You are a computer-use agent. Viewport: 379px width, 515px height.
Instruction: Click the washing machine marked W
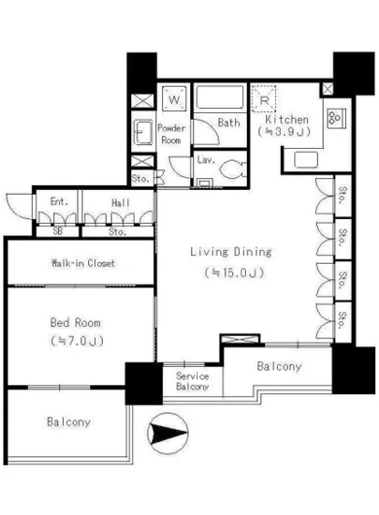coord(174,98)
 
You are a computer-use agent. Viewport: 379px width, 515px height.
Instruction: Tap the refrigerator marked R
coord(264,98)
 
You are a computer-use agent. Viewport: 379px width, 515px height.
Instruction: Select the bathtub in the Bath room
coord(220,96)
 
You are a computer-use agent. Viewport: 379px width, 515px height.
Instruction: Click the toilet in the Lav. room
coord(233,169)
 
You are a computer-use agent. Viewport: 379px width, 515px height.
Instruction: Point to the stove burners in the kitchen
coord(336,118)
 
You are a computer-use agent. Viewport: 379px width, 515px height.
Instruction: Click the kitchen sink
coord(306,160)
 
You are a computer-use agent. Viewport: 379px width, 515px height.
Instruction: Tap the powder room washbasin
coord(144,132)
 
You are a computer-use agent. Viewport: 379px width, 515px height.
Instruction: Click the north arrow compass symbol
coord(168,434)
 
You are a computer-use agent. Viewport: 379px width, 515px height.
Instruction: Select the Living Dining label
coord(231,252)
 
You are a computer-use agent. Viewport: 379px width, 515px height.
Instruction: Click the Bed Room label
coord(76,322)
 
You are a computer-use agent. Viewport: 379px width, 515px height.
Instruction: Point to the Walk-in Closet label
coord(83,263)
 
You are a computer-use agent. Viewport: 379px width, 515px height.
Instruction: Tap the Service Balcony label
coord(192,381)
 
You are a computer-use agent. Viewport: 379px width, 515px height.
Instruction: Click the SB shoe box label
coord(57,231)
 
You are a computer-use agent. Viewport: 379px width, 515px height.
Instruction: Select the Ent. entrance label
coord(59,201)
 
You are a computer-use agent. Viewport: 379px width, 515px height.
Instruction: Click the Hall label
coord(121,203)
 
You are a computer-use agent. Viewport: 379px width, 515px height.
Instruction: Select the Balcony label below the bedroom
coord(68,422)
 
